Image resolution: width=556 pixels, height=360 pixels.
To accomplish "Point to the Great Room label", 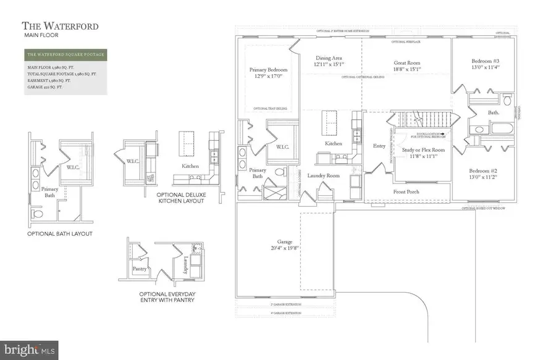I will (407, 62).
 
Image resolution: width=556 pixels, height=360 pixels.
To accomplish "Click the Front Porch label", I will (406, 192).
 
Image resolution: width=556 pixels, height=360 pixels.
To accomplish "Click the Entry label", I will (379, 146).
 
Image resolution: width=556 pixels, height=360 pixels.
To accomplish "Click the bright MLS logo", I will (30, 350).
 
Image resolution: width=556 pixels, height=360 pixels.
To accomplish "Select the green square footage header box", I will (65, 55).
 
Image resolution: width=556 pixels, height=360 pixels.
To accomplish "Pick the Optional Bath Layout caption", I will (59, 233).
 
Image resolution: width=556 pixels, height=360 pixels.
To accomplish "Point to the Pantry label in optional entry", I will (140, 269).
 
